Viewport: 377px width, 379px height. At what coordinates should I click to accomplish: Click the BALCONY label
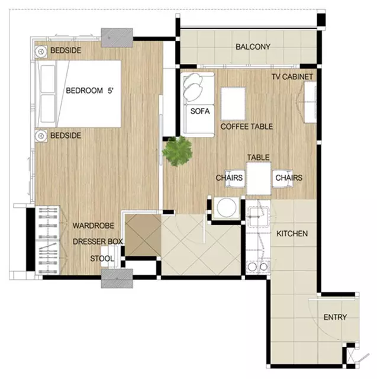click(253, 47)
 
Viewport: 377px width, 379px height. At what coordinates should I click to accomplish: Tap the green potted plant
click(178, 152)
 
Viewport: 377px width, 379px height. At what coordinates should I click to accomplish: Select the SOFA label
click(200, 111)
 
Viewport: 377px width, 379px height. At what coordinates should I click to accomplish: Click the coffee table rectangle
click(233, 104)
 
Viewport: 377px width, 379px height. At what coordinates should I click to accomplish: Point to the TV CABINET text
click(292, 76)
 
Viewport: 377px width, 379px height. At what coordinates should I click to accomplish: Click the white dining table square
click(259, 178)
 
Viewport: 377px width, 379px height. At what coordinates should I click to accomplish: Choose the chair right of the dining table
click(283, 179)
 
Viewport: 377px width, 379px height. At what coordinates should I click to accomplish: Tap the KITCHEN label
click(292, 234)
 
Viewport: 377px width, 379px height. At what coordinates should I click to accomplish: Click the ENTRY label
click(335, 317)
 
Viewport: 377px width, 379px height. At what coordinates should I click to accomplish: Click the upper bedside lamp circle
click(41, 52)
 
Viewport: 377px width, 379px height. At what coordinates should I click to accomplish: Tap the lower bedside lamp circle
click(41, 136)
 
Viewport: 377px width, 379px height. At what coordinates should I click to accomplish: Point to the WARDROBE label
click(94, 226)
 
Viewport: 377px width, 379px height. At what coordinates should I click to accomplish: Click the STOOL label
click(102, 259)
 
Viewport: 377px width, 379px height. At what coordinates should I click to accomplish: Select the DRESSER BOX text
click(98, 242)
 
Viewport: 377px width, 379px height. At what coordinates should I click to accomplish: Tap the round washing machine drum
click(227, 208)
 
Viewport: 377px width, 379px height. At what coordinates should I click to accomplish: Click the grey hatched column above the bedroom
click(117, 37)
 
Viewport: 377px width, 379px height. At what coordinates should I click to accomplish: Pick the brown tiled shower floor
click(143, 235)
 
